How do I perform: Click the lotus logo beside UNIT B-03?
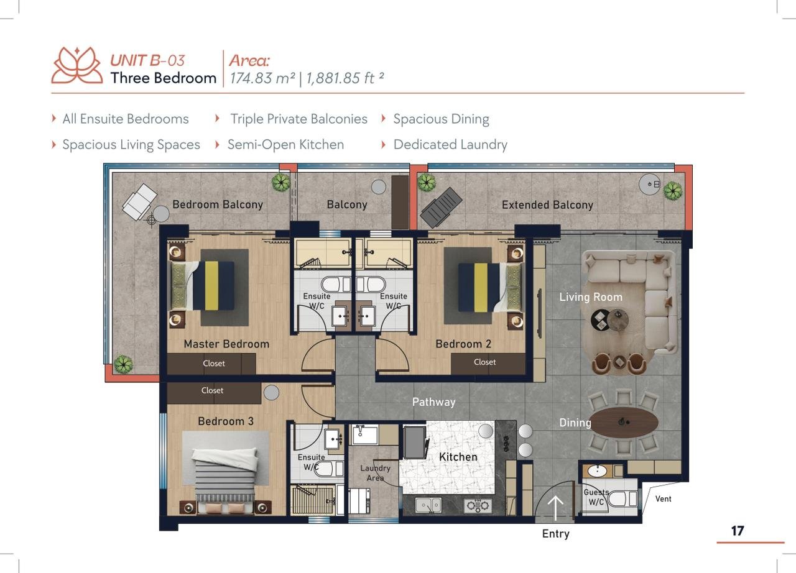tap(77, 66)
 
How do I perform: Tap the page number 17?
tap(738, 531)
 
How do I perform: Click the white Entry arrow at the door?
tap(555, 508)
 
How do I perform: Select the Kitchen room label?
tap(458, 457)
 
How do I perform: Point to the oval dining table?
tap(624, 422)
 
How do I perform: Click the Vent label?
tap(663, 499)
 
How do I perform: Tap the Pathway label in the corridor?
tap(433, 402)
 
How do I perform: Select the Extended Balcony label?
tap(547, 205)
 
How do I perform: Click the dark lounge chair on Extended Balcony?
tap(441, 207)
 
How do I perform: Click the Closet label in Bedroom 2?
tap(484, 362)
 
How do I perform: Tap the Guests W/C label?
tap(596, 497)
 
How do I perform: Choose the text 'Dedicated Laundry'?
tap(450, 145)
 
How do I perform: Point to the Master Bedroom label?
tap(226, 344)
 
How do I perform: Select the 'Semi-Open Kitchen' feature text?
tap(285, 145)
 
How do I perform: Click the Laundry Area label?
tap(375, 473)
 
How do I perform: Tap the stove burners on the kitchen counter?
tap(478, 505)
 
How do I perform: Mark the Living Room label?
tap(591, 297)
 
